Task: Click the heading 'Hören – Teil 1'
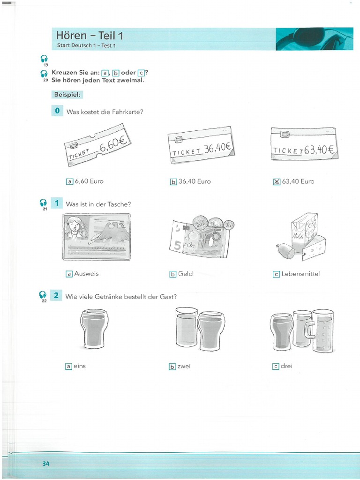tap(89, 35)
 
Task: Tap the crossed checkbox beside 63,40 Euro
tap(276, 181)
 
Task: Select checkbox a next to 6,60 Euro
tap(70, 181)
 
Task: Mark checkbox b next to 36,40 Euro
tap(173, 181)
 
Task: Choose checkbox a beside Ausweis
tap(69, 274)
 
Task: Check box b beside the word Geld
tap(173, 274)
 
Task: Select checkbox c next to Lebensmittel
tap(276, 274)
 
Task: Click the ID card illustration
tap(97, 237)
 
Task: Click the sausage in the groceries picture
tap(286, 252)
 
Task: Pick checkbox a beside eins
tap(69, 366)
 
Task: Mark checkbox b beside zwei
tap(172, 367)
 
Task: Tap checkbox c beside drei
tap(276, 366)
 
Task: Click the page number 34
tap(45, 464)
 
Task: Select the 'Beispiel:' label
tap(67, 94)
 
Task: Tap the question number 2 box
tap(56, 295)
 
